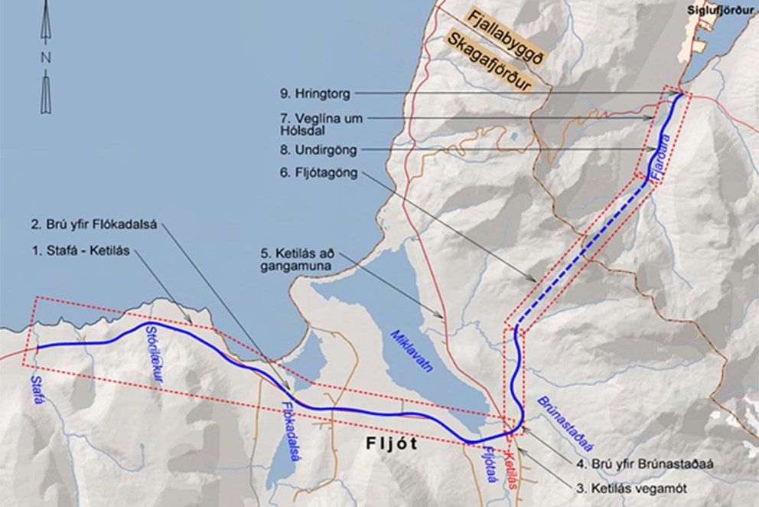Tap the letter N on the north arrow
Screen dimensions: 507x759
pos(46,57)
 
